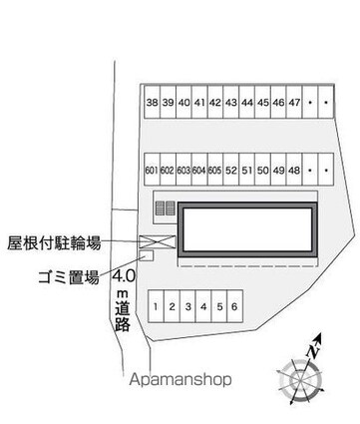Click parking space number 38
tap(152, 103)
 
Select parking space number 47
tap(295, 103)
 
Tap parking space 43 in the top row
tap(231, 103)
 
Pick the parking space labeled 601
tap(152, 171)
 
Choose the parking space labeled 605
tap(214, 171)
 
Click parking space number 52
tap(230, 171)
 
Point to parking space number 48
tap(294, 171)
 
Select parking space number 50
tap(262, 171)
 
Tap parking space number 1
tap(157, 307)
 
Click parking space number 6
tap(233, 307)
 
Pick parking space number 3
tap(187, 307)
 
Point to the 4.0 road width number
tap(124, 276)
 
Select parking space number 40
tap(183, 103)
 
